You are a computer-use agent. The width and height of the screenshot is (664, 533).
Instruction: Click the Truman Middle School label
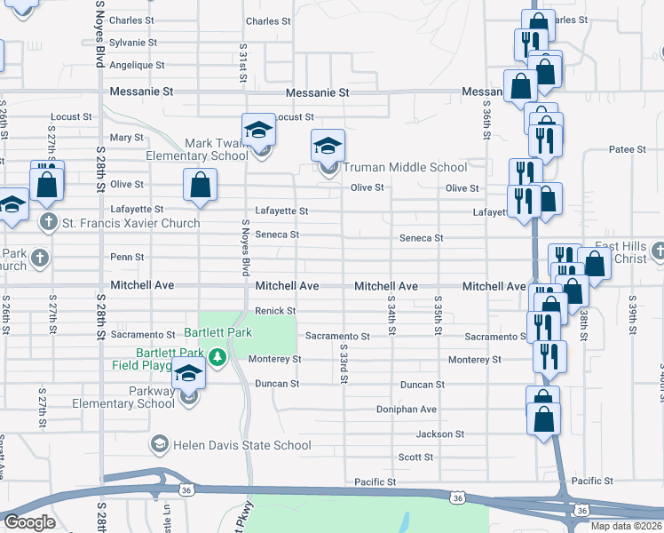click(x=404, y=167)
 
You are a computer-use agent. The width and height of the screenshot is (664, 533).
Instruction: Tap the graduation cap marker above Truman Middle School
click(x=328, y=144)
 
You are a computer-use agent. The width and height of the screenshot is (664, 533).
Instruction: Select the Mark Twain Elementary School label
click(x=217, y=149)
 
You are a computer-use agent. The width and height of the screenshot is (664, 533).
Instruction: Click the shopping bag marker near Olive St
click(x=201, y=186)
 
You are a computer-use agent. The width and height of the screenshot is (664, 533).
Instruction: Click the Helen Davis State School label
click(x=219, y=442)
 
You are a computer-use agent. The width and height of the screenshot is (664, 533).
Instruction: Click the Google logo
click(x=29, y=522)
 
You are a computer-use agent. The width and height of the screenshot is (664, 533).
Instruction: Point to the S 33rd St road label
click(x=343, y=367)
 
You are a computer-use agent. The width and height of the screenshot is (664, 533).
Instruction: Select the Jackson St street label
click(x=440, y=434)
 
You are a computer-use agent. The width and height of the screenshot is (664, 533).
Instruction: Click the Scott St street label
click(x=415, y=457)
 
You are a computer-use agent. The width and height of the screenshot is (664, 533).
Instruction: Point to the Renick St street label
click(x=275, y=310)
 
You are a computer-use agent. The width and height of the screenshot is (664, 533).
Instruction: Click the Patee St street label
click(x=628, y=150)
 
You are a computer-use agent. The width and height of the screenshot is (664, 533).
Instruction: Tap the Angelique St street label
click(x=137, y=65)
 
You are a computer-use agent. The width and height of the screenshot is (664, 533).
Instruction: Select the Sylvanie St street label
click(x=133, y=42)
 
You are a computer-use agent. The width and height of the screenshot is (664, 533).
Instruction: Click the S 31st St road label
click(x=242, y=63)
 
